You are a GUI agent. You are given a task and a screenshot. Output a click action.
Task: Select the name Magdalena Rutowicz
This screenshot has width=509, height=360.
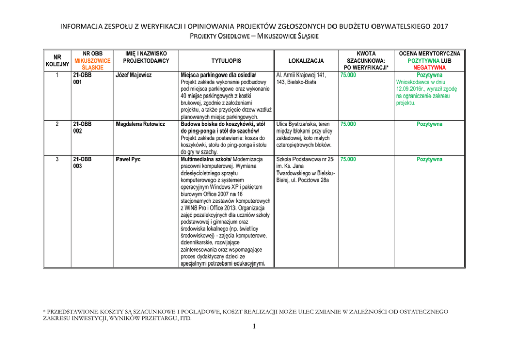(x=140, y=124)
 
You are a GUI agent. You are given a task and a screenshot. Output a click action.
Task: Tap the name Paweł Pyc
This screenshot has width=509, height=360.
(x=127, y=160)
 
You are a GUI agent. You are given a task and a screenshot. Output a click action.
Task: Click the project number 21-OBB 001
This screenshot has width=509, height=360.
(x=82, y=78)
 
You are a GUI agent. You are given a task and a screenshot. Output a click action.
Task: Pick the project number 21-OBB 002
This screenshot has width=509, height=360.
(x=82, y=127)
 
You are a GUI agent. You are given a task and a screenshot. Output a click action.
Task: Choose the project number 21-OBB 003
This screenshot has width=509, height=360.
(x=82, y=163)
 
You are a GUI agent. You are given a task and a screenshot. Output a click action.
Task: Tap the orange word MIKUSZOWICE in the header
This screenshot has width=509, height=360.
(x=92, y=61)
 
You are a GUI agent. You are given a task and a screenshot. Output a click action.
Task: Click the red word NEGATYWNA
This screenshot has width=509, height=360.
(x=429, y=67)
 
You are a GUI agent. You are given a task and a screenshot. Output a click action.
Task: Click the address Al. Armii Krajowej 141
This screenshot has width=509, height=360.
(x=303, y=75)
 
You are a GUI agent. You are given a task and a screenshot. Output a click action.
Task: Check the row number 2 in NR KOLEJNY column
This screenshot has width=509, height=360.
(x=57, y=124)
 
